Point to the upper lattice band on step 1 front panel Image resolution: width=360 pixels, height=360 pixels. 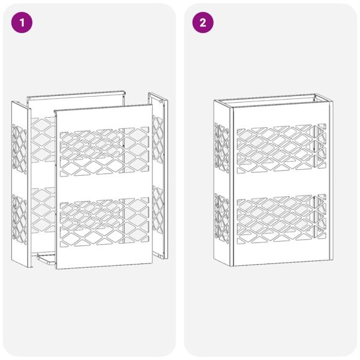tap(103, 151)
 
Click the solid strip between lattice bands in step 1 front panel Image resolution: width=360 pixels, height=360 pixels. tap(103, 186)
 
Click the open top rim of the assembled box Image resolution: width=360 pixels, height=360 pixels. tap(273, 97)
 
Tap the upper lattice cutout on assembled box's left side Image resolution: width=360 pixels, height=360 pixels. tap(221, 147)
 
